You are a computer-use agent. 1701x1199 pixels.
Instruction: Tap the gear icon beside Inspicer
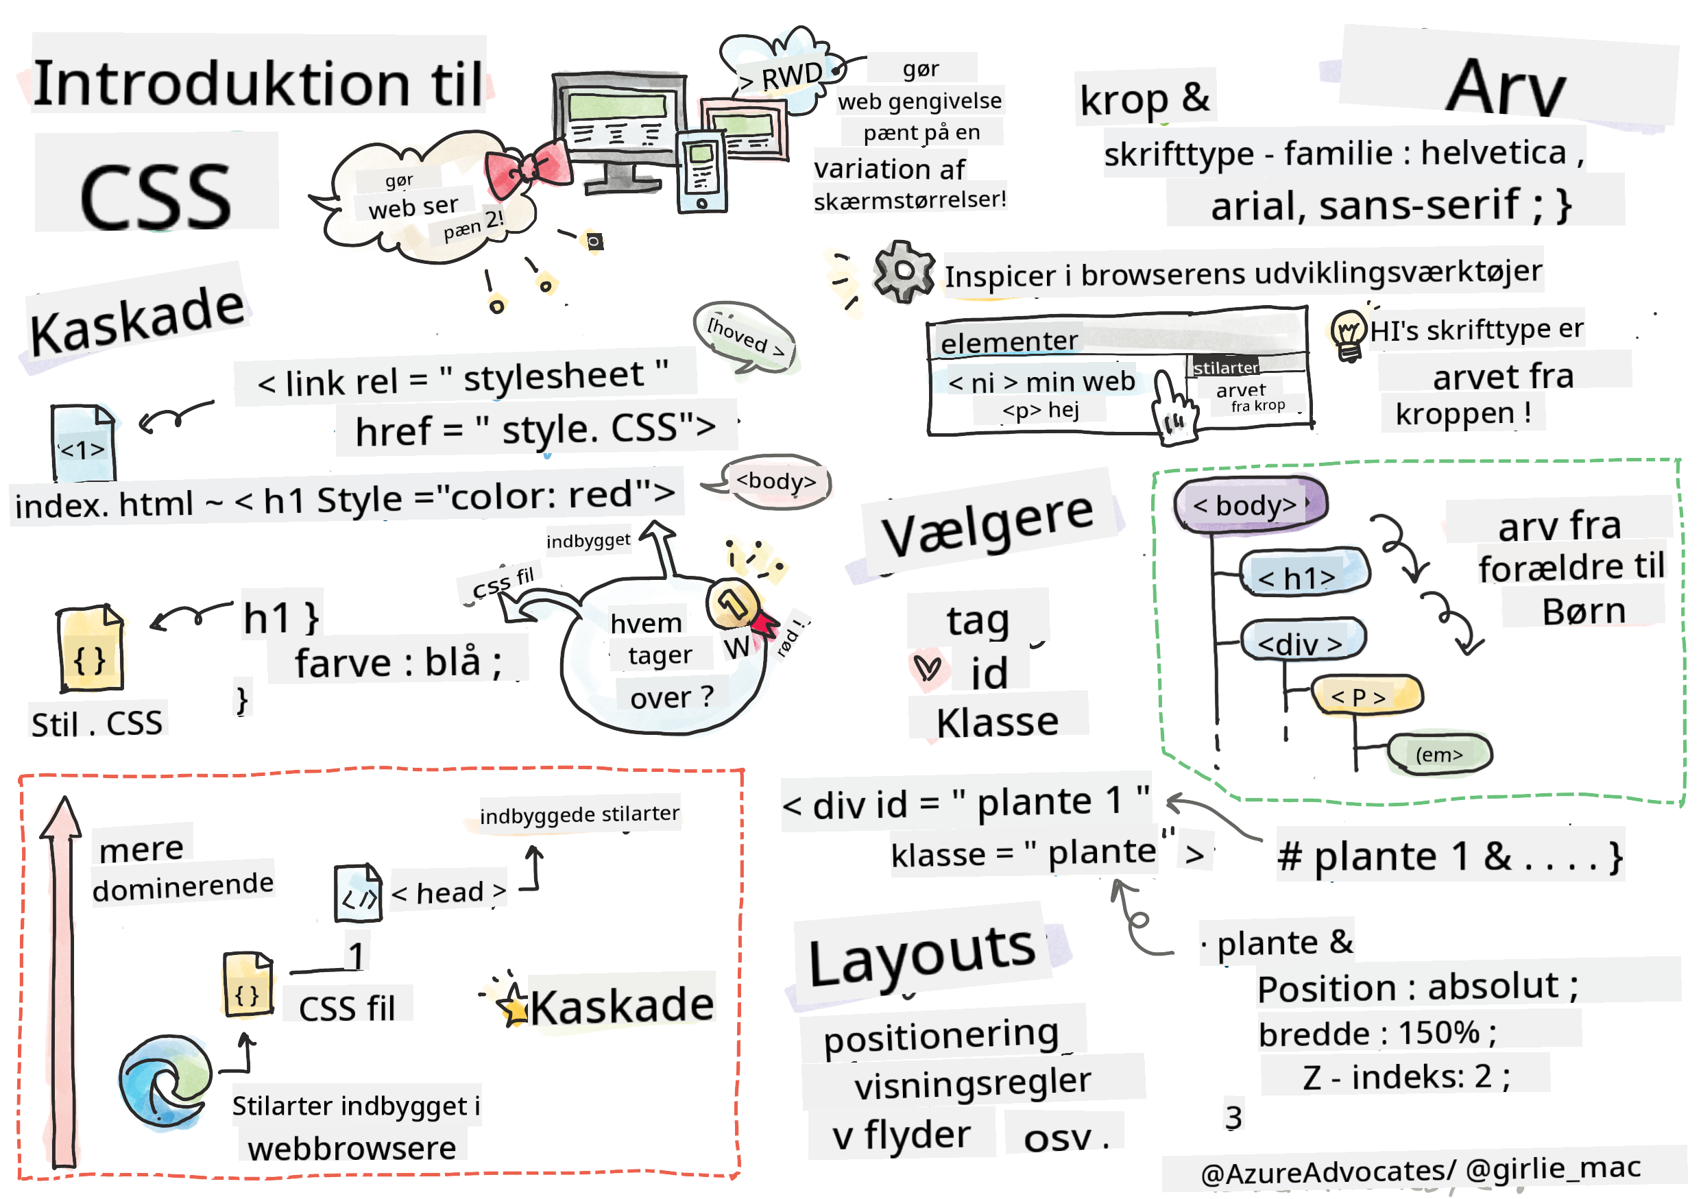click(903, 271)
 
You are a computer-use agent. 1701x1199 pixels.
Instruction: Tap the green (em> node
click(1438, 755)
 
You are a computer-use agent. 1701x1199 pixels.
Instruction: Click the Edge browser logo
click(165, 1082)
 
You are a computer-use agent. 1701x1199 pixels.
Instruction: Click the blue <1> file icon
click(83, 443)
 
